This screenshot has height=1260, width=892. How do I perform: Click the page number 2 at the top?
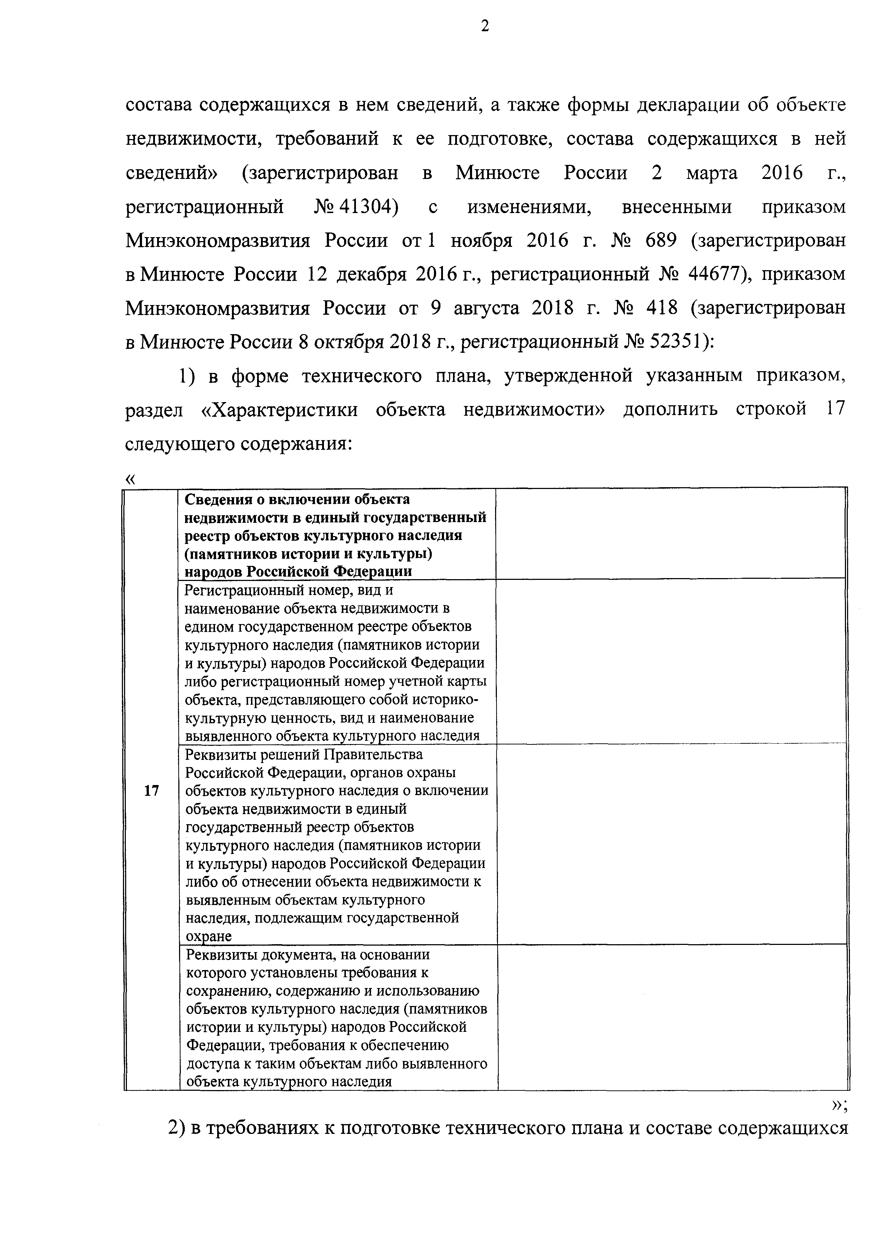[x=484, y=26]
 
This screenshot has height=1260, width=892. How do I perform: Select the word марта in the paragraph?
[x=712, y=174]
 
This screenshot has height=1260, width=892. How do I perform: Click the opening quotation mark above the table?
[x=130, y=479]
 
